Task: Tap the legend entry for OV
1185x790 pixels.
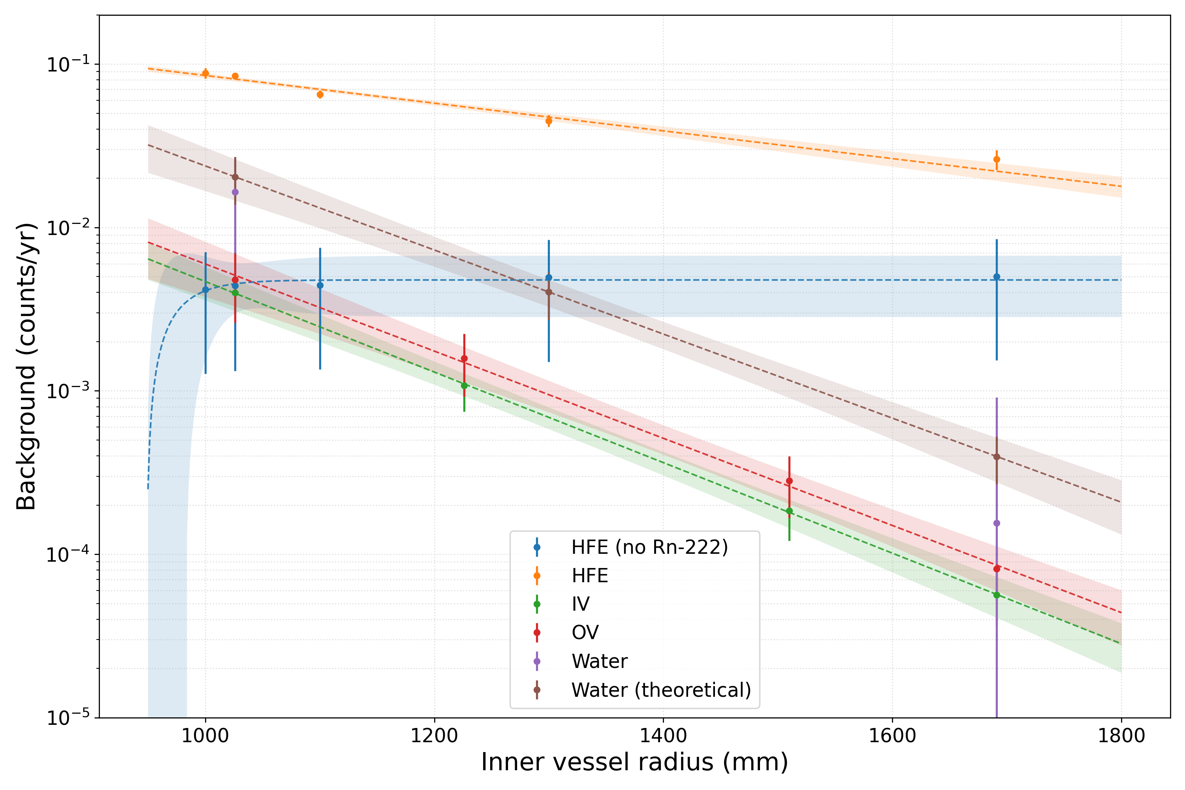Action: (x=585, y=633)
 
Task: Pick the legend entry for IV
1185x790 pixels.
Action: (x=580, y=604)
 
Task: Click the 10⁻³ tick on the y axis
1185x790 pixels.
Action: (x=68, y=391)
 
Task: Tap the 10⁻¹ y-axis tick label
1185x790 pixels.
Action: (x=68, y=64)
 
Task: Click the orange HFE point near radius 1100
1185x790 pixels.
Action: (x=320, y=95)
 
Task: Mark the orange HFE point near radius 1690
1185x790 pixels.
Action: (x=997, y=160)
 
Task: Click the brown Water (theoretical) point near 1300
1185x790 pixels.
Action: (x=549, y=292)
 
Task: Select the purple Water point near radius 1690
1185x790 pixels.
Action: (x=997, y=523)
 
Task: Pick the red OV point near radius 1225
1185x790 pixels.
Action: (x=464, y=359)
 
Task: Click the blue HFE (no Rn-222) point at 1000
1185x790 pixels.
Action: (x=205, y=290)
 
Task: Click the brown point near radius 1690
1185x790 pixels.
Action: (x=997, y=457)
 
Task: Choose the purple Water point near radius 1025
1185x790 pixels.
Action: (x=235, y=192)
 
